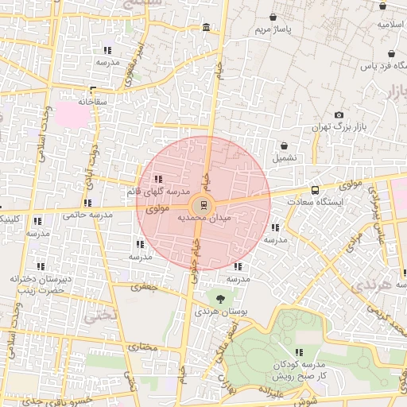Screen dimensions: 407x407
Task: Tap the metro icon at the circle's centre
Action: (204, 204)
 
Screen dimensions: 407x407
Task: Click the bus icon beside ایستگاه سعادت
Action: (316, 191)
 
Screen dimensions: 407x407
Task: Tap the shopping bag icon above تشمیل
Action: (284, 145)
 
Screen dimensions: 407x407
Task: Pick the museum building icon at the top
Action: (207, 29)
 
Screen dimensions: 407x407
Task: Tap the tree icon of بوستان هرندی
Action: (220, 298)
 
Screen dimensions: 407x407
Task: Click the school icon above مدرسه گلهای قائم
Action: (158, 179)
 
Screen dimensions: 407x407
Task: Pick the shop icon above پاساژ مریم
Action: (273, 17)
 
